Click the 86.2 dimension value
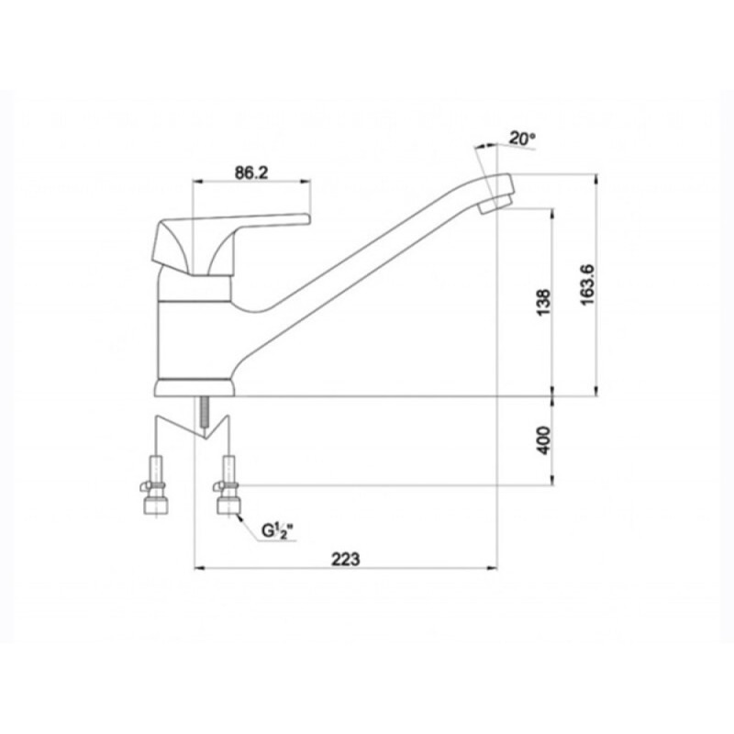[x=250, y=172]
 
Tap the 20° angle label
[x=522, y=139]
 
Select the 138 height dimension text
[x=544, y=303]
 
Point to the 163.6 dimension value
[x=587, y=284]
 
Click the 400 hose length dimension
[x=544, y=439]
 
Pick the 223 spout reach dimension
[x=346, y=559]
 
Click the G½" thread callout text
[x=277, y=531]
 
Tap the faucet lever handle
[x=229, y=243]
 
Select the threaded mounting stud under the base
[x=204, y=412]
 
